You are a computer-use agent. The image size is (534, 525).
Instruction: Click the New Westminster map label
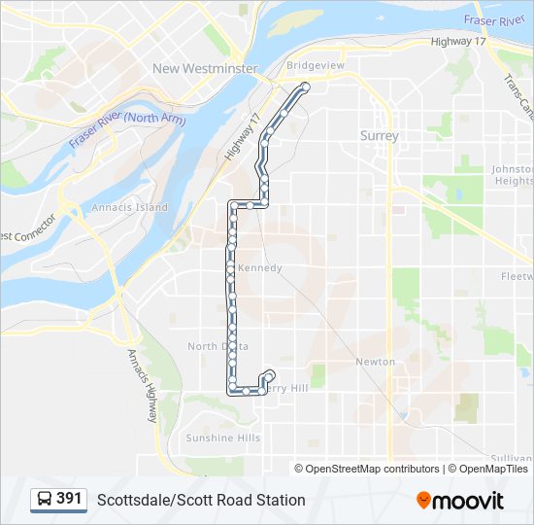click(x=205, y=68)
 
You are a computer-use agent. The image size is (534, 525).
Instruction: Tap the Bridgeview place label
click(x=315, y=65)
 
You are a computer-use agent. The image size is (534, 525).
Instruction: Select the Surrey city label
click(x=379, y=136)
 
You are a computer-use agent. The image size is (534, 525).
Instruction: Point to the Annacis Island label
click(x=129, y=207)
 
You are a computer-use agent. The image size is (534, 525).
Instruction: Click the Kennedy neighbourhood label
click(x=259, y=267)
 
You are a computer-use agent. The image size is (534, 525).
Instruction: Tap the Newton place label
click(x=375, y=362)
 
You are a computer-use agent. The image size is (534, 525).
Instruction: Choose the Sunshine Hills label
click(x=222, y=437)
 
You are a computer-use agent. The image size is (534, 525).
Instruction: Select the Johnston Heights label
click(x=513, y=175)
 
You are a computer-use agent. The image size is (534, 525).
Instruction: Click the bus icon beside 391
click(x=45, y=499)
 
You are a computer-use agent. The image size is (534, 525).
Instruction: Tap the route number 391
click(x=69, y=499)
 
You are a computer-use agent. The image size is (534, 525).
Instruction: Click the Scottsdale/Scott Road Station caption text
click(x=201, y=500)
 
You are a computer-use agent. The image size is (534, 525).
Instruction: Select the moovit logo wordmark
click(x=468, y=501)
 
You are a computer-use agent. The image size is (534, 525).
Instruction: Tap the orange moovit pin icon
click(x=423, y=500)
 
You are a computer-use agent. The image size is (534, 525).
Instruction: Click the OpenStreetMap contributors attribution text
click(x=373, y=469)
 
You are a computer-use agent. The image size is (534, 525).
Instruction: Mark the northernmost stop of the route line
click(x=305, y=87)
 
